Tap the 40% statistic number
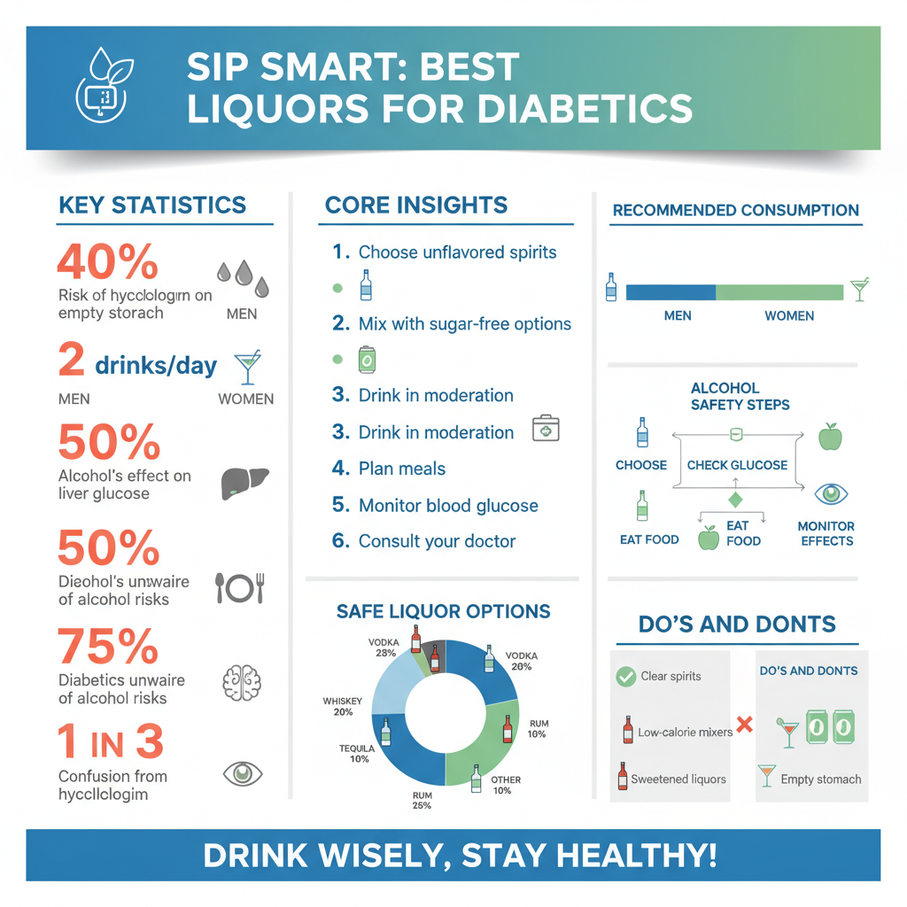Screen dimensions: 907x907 (x=107, y=263)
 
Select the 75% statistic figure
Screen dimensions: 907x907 (x=108, y=648)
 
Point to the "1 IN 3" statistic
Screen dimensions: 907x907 (x=111, y=742)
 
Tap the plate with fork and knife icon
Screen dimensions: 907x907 (x=241, y=587)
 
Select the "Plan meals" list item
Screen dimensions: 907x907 (x=401, y=469)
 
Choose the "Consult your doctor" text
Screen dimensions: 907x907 (x=437, y=541)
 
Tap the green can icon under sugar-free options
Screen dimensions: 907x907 (x=367, y=360)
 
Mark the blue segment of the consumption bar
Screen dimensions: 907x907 (x=671, y=292)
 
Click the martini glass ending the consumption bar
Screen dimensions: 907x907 (x=858, y=290)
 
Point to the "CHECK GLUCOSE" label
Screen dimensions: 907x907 (x=737, y=465)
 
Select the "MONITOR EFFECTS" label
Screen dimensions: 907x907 (x=826, y=533)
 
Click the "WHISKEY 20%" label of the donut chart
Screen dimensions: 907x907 (x=343, y=706)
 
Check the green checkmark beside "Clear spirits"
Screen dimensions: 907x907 (x=625, y=677)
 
